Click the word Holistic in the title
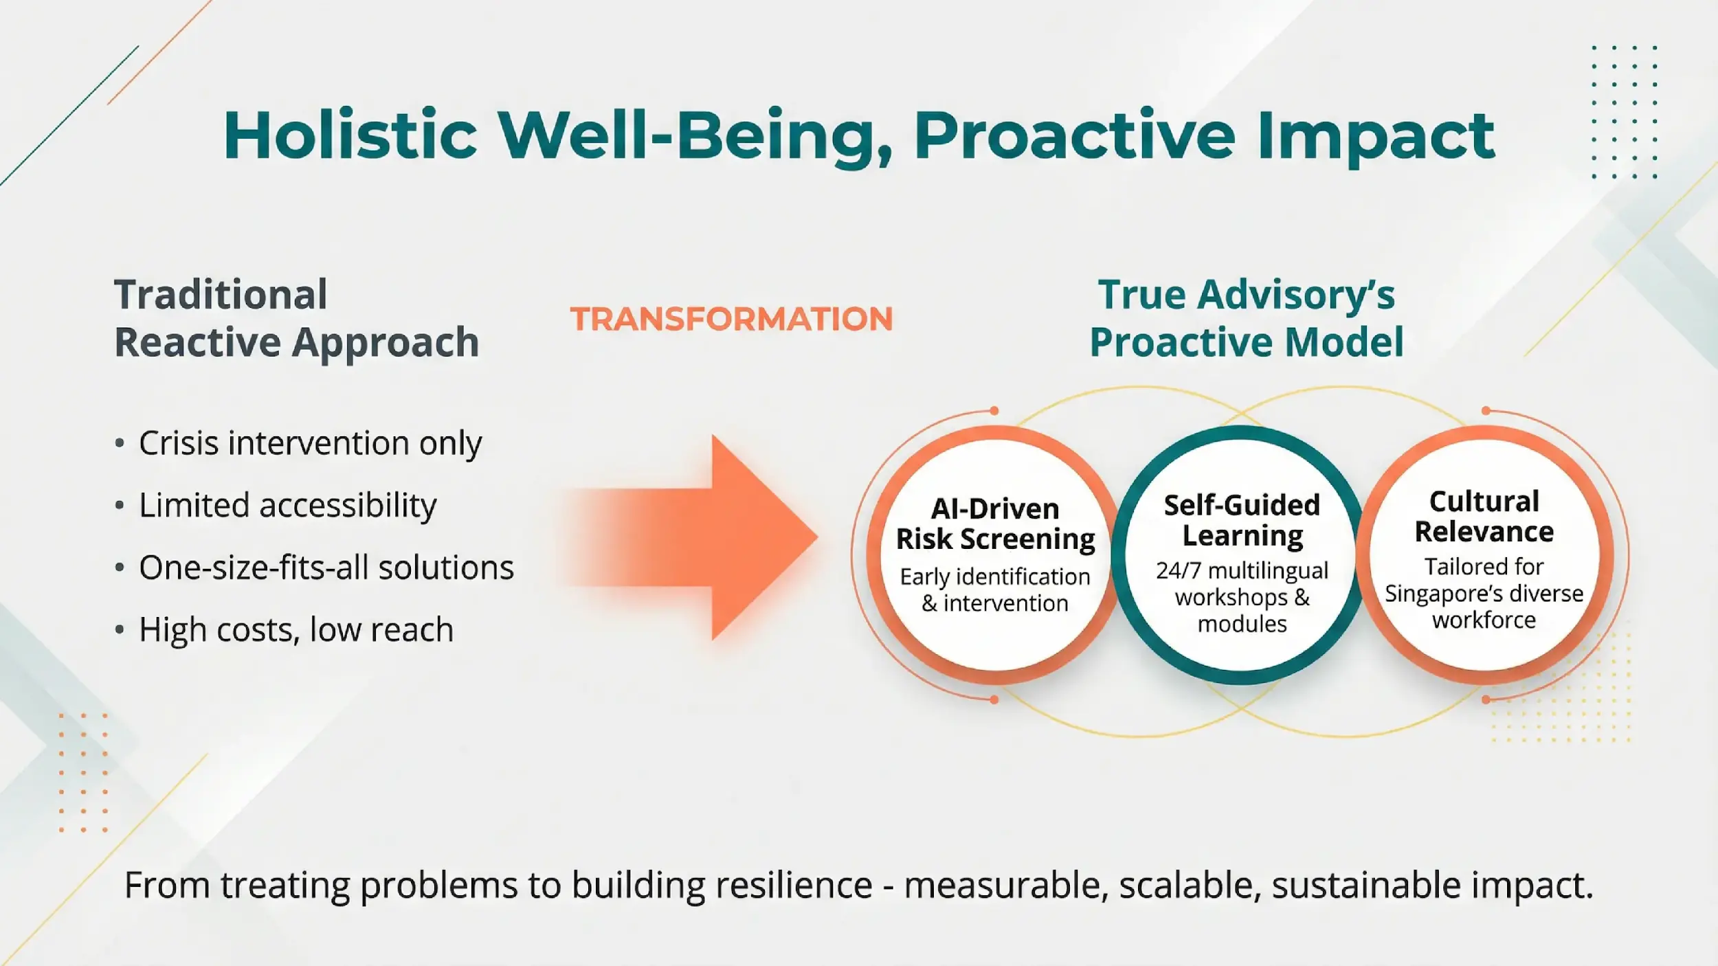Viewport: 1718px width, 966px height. point(350,135)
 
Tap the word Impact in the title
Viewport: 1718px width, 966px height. point(1376,137)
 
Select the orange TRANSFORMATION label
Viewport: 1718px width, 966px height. point(731,319)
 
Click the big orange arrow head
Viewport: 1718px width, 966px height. point(763,537)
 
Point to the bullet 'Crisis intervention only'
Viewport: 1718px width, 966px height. point(310,443)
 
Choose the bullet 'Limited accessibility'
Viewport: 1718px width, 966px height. point(287,505)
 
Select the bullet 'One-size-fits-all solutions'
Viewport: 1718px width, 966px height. point(326,568)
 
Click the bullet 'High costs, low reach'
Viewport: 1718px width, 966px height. point(295,629)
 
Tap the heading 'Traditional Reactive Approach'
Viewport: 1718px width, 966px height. point(295,318)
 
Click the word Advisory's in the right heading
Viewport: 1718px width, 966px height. point(1295,295)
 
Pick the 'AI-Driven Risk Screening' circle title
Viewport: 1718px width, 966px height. point(995,524)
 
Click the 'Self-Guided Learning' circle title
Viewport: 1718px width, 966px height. point(1242,520)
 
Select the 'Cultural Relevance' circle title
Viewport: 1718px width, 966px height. point(1484,517)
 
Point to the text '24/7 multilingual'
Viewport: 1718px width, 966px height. point(1242,570)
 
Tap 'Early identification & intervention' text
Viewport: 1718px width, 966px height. point(995,589)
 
